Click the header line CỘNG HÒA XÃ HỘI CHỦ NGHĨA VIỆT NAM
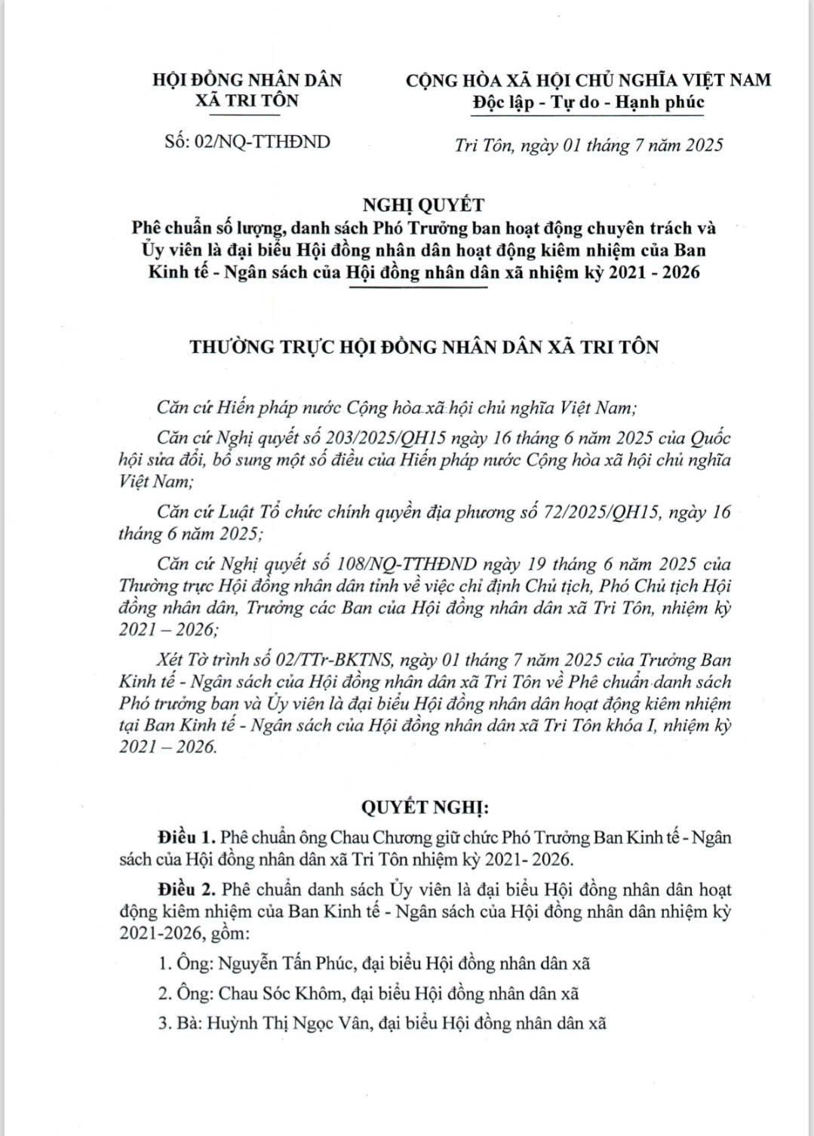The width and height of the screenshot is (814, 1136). point(588,79)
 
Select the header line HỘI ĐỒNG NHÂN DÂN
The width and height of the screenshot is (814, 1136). point(247,79)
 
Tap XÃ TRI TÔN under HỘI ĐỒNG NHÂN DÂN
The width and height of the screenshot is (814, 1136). point(247,100)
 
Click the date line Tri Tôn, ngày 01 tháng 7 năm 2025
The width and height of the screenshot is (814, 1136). point(588,145)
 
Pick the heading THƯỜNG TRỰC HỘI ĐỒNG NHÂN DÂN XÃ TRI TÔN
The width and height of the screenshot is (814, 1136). point(425,347)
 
